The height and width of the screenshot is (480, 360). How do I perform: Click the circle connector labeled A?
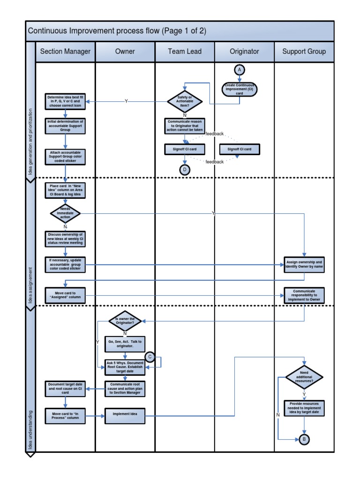tap(240, 69)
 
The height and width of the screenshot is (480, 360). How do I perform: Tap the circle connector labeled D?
tap(185, 169)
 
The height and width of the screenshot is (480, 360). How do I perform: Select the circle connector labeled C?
tap(150, 357)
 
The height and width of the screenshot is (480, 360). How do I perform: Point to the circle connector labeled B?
tap(305, 439)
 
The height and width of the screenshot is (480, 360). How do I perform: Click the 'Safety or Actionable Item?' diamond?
tap(185, 101)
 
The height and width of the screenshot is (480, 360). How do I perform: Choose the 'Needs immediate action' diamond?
tap(66, 213)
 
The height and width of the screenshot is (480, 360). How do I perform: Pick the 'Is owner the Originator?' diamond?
tap(125, 321)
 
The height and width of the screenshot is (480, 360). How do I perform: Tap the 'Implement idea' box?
tap(125, 414)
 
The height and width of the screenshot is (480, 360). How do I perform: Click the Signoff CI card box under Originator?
tap(240, 149)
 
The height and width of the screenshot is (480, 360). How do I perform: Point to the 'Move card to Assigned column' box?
tap(66, 295)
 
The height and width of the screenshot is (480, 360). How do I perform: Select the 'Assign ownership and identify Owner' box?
tap(304, 265)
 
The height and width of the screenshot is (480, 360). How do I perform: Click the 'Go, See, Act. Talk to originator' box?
tap(125, 344)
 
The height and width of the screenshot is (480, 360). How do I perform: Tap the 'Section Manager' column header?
tap(66, 52)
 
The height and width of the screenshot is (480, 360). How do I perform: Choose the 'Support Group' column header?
tap(304, 52)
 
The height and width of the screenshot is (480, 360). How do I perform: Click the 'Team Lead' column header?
tap(185, 52)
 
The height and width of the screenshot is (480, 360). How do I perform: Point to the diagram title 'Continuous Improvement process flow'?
tap(117, 31)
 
